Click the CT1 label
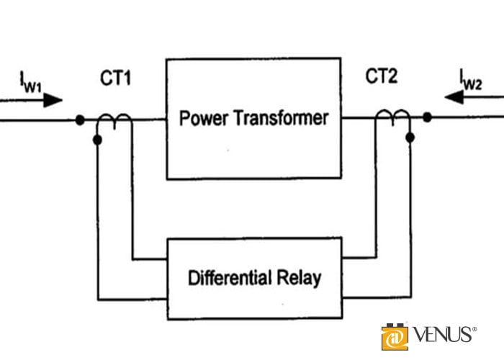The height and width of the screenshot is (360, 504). (115, 78)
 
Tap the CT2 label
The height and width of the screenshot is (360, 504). (382, 76)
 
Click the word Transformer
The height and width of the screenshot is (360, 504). (282, 118)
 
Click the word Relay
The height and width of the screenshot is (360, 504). (300, 279)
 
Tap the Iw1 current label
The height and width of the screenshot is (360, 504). (31, 82)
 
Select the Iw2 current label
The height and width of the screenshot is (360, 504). (471, 79)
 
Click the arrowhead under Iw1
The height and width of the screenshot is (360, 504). (53, 100)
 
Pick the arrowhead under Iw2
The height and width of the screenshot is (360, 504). (454, 97)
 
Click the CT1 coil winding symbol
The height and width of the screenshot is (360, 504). (114, 121)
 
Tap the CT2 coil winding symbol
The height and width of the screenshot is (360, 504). (393, 117)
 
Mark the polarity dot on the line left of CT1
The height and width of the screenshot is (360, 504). (80, 120)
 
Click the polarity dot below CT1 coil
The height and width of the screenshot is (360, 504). (97, 140)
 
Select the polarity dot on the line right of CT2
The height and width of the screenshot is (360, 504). (427, 117)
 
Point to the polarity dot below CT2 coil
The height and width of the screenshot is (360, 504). (410, 138)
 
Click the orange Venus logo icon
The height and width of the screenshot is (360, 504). (395, 337)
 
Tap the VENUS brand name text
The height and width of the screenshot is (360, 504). (442, 335)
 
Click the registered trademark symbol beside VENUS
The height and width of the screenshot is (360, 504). (474, 329)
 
